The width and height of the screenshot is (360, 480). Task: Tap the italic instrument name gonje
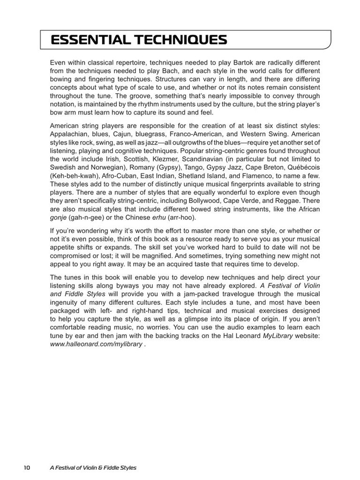(x=59, y=218)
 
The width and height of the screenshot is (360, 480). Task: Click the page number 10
(x=26, y=468)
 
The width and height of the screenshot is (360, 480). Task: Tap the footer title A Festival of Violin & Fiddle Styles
(x=93, y=468)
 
